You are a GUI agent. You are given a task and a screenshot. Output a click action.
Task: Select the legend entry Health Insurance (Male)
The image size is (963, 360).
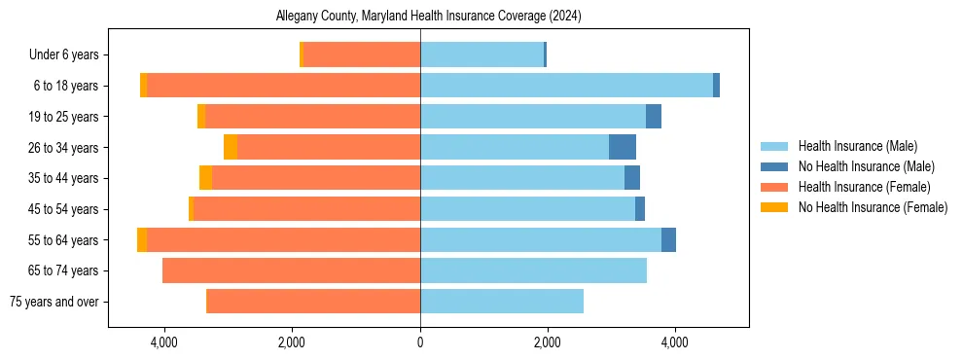857,146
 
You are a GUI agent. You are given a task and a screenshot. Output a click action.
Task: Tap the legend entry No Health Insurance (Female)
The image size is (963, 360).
873,207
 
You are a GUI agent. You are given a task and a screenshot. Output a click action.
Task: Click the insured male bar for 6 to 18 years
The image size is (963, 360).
566,86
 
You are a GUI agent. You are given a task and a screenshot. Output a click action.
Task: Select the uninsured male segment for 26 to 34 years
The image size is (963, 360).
623,147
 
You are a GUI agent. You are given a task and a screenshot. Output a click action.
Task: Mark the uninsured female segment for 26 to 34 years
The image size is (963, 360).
231,147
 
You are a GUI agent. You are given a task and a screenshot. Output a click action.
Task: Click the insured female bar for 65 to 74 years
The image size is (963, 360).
291,270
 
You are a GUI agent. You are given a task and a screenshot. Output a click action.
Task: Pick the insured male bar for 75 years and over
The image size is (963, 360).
502,302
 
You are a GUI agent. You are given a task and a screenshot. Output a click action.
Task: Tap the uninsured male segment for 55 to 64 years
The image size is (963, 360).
668,239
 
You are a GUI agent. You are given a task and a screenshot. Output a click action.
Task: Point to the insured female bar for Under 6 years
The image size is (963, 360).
362,54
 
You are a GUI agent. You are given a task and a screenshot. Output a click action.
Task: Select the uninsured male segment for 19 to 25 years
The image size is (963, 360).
654,117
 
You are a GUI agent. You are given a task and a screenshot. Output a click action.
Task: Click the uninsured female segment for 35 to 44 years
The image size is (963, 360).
205,178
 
